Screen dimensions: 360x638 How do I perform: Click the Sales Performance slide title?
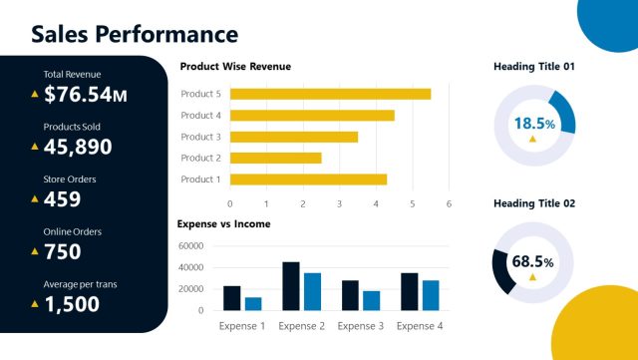point(135,34)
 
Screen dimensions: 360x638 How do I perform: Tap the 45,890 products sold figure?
point(78,147)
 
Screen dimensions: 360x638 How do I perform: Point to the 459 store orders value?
point(62,199)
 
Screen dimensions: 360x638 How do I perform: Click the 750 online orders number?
point(63,251)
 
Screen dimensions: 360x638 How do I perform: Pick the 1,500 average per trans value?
point(72,303)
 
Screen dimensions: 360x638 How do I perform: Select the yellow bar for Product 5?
point(330,94)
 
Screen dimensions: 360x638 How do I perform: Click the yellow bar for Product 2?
point(275,158)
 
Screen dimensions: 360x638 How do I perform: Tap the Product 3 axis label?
point(200,137)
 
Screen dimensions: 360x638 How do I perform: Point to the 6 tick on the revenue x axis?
point(449,203)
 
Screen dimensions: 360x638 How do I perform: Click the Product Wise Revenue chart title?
point(235,67)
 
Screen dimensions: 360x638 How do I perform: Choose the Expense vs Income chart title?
point(223,224)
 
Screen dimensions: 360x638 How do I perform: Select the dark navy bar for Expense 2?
point(291,286)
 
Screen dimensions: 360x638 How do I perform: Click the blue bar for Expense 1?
point(253,303)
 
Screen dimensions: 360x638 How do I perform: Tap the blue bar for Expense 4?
point(431,295)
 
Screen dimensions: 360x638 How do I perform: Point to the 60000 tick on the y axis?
point(190,246)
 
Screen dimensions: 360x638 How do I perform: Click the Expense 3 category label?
point(361,326)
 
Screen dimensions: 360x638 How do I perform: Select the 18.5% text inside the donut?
point(533,124)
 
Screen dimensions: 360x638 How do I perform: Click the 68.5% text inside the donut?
point(533,261)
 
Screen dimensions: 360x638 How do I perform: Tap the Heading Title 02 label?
point(534,203)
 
